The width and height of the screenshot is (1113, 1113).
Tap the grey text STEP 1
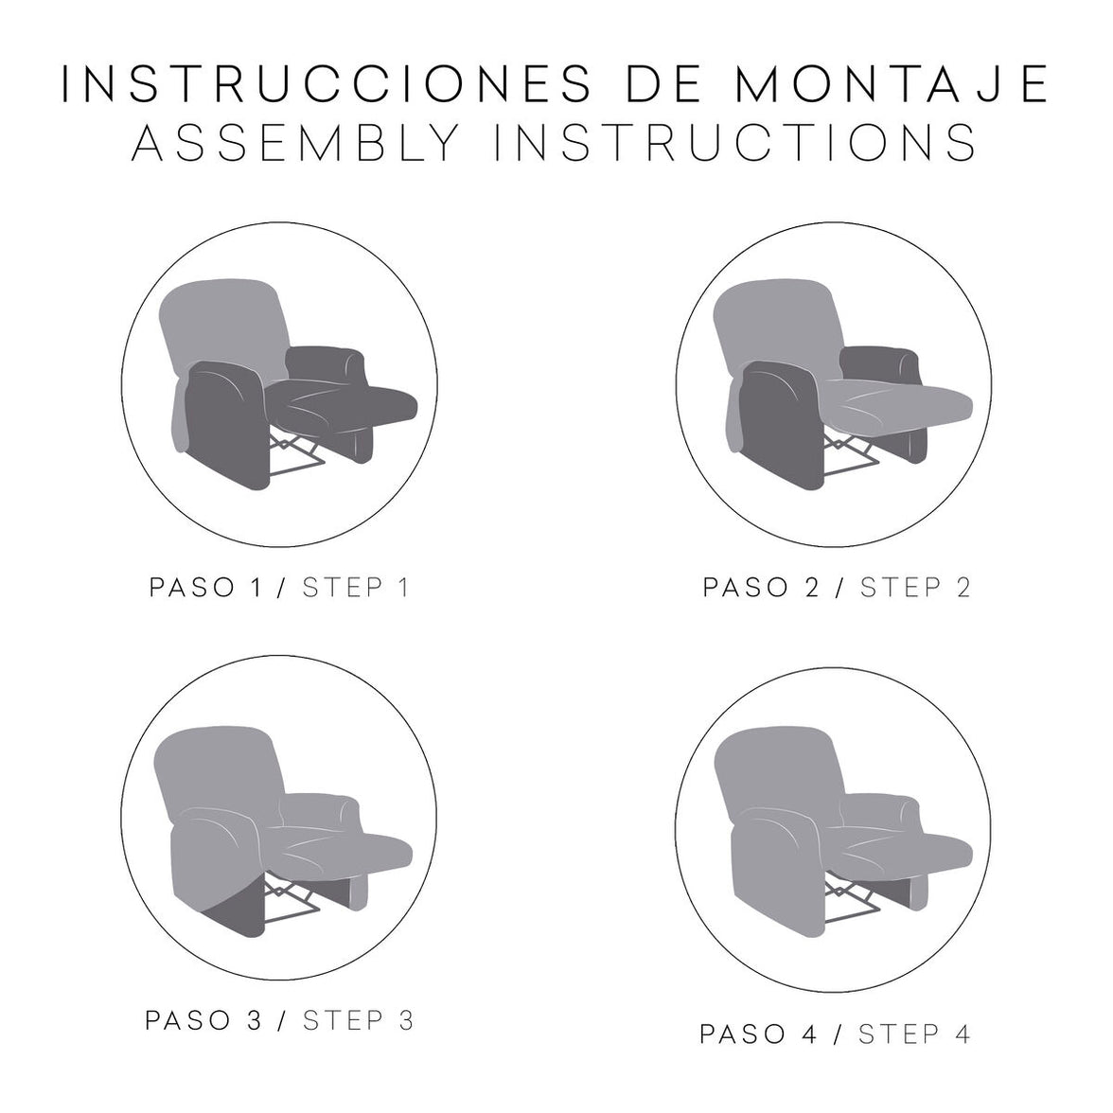pos(356,588)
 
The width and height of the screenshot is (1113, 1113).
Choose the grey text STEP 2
pos(915,588)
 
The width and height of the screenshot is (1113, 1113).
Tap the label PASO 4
pos(758,1034)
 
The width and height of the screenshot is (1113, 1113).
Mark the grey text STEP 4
pos(914,1034)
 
